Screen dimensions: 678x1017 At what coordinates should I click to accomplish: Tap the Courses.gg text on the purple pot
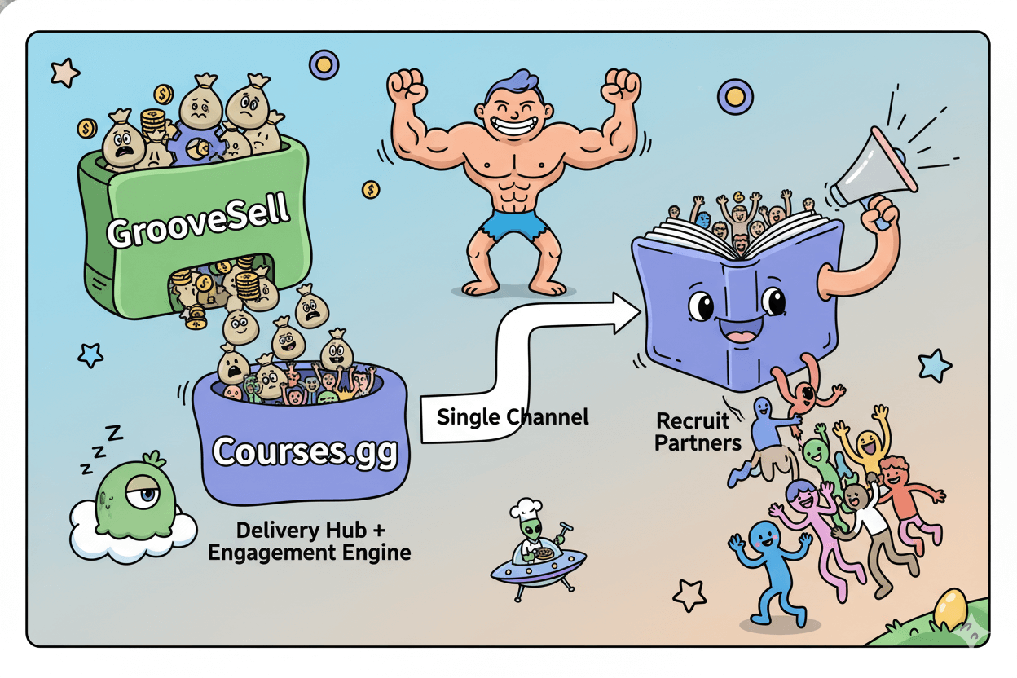(306, 451)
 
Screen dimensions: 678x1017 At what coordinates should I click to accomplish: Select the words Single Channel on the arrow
(513, 417)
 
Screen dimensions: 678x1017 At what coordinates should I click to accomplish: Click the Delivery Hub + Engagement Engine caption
(310, 541)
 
